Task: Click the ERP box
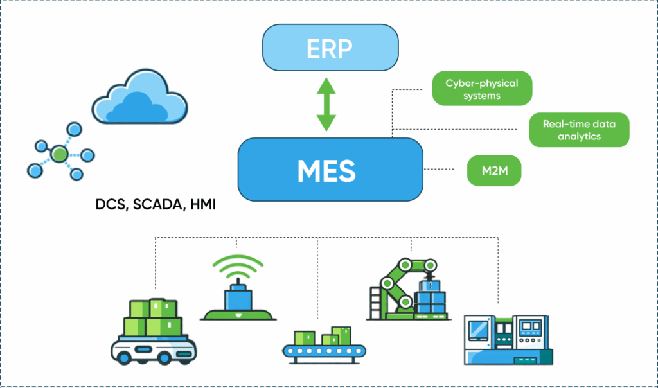click(x=330, y=49)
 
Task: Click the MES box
click(x=330, y=170)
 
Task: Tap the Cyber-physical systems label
click(x=481, y=89)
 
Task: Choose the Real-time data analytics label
click(x=578, y=130)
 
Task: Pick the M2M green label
click(x=493, y=170)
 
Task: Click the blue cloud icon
click(x=139, y=98)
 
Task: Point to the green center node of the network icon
click(x=60, y=154)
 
